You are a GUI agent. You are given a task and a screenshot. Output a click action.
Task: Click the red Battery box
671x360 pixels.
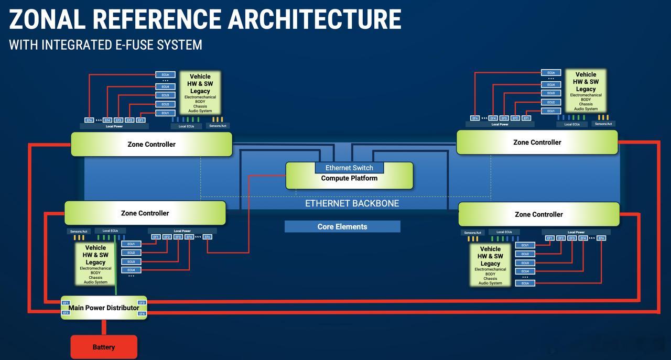[104, 347]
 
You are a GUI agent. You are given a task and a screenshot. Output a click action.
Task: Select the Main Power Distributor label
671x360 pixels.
[104, 308]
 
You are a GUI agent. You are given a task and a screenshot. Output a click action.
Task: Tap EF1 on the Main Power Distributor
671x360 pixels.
[66, 303]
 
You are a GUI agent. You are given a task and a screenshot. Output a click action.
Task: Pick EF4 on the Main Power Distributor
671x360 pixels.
[142, 313]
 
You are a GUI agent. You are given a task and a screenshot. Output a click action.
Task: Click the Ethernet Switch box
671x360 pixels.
[349, 168]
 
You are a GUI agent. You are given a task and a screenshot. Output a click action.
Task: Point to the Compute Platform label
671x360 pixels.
[349, 178]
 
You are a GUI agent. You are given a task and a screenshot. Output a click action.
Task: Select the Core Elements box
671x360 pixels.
[342, 226]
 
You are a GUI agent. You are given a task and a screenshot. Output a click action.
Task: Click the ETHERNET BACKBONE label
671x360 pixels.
[352, 203]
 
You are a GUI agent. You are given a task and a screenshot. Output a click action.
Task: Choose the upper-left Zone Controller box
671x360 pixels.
[151, 144]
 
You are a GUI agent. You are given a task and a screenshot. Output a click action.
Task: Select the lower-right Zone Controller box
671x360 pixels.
[539, 214]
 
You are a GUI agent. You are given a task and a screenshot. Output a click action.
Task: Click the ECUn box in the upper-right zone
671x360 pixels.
[551, 73]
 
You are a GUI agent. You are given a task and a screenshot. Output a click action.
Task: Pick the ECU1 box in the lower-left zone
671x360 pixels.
[131, 244]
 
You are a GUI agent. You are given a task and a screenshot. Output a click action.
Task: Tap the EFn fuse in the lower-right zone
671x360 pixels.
[601, 238]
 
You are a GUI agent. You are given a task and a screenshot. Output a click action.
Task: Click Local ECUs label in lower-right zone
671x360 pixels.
[504, 232]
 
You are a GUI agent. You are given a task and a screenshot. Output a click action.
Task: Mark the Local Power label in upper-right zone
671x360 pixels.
[500, 124]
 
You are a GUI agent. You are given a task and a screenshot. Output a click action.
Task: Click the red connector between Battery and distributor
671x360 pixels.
[104, 327]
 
